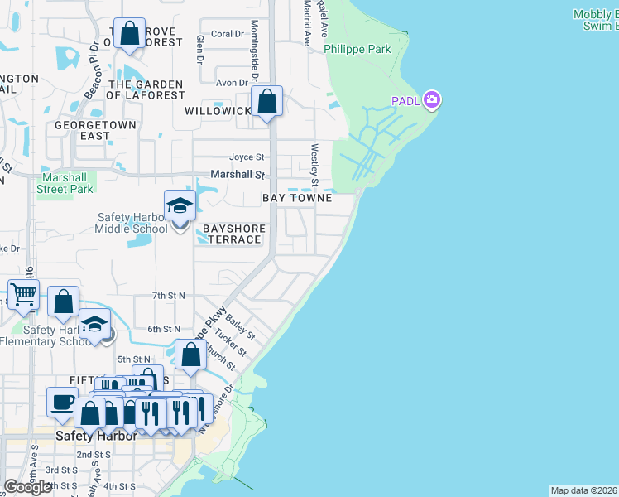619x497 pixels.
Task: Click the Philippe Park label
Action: (x=357, y=49)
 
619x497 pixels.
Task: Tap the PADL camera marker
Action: (x=431, y=101)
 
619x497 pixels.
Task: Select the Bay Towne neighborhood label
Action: (x=297, y=199)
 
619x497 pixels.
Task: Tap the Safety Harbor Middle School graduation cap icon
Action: (x=180, y=207)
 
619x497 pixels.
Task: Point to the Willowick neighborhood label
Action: (x=218, y=111)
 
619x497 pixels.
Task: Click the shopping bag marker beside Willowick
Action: (x=267, y=103)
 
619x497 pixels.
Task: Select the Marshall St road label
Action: (x=237, y=175)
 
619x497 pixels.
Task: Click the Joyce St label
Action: (x=247, y=157)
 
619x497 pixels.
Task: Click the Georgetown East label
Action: (x=83, y=130)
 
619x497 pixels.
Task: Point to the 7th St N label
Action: (x=169, y=295)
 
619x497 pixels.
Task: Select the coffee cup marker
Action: (x=62, y=403)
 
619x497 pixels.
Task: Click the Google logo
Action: (x=27, y=487)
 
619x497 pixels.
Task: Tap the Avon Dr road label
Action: (x=232, y=83)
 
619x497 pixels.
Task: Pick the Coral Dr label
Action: (x=228, y=34)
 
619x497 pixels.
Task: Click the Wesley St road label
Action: (x=314, y=165)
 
